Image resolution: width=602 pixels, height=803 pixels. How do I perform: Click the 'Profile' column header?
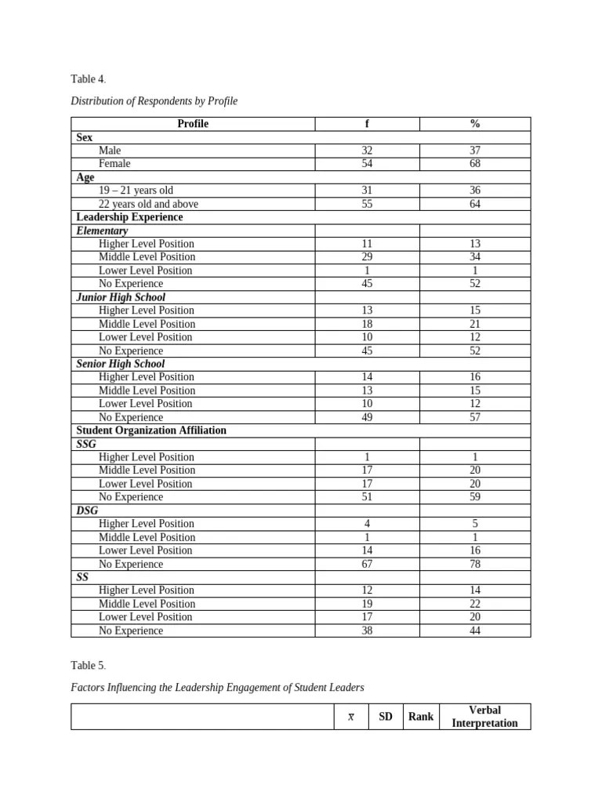[193, 124]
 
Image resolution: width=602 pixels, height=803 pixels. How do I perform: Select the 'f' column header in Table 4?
[367, 124]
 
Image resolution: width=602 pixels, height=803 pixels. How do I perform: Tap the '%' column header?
[475, 124]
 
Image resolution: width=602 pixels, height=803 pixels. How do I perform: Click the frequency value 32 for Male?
[367, 151]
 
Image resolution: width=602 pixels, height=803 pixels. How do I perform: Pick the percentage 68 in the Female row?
[475, 164]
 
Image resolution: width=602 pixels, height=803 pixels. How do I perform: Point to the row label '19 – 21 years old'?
[136, 191]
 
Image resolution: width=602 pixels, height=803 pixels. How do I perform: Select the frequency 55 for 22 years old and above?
[367, 204]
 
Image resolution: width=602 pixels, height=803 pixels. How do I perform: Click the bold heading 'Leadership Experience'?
[129, 217]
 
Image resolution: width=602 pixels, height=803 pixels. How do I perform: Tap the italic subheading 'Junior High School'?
[121, 297]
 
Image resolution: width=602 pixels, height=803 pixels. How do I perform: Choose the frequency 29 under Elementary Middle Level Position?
[367, 257]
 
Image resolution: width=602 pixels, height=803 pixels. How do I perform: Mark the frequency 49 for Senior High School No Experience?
[367, 417]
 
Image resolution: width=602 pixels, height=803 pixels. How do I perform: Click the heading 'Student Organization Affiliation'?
[151, 431]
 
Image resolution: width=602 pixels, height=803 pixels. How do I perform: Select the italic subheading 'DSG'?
[87, 511]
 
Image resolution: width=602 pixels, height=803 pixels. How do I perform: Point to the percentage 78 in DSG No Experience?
[475, 564]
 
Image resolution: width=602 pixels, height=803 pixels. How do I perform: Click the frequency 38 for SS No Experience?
[367, 630]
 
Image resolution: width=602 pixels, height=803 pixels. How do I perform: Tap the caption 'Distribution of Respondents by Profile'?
[154, 101]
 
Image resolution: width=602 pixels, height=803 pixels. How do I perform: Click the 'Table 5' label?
[88, 666]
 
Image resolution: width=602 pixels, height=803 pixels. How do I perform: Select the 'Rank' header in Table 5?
[421, 717]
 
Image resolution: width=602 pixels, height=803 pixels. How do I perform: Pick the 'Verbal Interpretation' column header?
[484, 717]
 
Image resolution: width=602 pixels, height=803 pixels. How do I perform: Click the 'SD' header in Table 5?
[386, 717]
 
